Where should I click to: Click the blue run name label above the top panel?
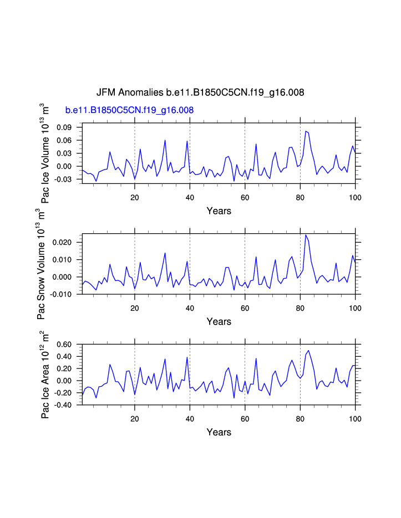129,110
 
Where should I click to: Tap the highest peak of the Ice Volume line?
306,131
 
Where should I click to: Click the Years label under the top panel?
219,211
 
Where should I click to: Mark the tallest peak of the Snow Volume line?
306,235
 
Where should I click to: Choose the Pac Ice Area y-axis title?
45,375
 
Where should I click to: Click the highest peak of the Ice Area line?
308,350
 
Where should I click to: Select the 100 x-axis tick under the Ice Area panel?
355,419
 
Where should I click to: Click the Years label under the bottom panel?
219,432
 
